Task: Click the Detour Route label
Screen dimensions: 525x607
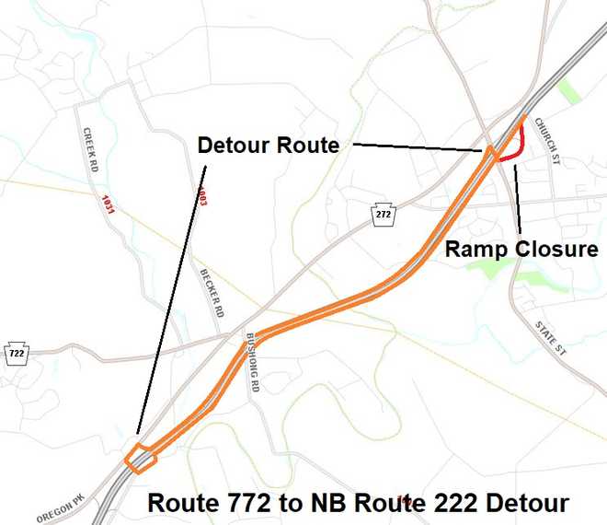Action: coord(269,145)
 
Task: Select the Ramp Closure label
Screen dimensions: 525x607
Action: coord(521,250)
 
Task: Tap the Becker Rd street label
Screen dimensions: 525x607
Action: coord(212,294)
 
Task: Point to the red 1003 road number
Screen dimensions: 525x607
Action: coord(202,195)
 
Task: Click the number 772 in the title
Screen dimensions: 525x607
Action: coord(241,504)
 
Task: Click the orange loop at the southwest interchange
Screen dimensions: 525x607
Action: coord(141,458)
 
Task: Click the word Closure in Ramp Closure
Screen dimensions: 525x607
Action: coord(561,250)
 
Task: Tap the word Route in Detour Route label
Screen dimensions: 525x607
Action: coord(307,145)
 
